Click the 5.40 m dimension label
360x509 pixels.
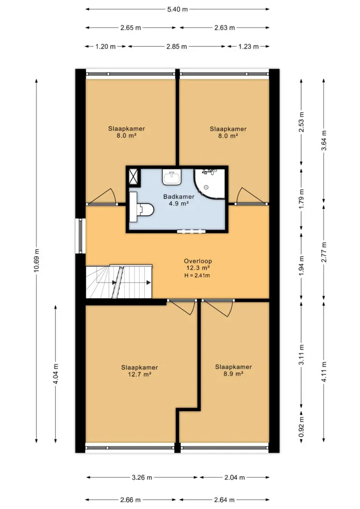[x=177, y=9]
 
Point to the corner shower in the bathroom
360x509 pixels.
[x=210, y=184]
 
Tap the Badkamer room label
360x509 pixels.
[x=179, y=196]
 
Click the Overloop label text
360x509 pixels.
[x=198, y=261]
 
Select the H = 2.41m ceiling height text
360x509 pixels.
[x=197, y=276]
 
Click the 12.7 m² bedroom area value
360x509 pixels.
[x=140, y=374]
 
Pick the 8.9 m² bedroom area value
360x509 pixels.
[x=233, y=374]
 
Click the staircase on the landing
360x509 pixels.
[x=119, y=282]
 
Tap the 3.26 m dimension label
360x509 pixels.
[x=142, y=478]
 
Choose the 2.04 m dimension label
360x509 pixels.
[x=235, y=478]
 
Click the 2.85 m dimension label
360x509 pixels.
[x=177, y=46]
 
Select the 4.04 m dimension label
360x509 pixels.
[x=56, y=374]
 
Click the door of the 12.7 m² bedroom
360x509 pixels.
[x=182, y=307]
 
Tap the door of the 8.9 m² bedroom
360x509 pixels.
[x=218, y=307]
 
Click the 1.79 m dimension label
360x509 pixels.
[x=301, y=199]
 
